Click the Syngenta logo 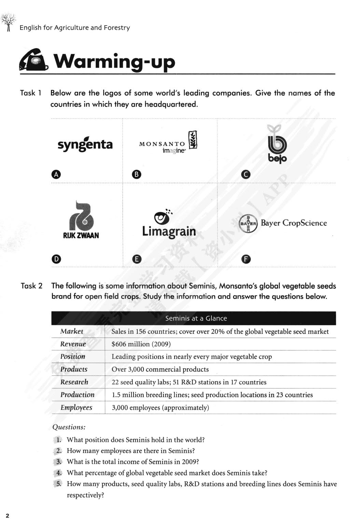click(x=85, y=144)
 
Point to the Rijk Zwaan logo click(x=81, y=220)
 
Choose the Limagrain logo click(x=169, y=224)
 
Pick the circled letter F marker click(x=246, y=259)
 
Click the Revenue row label click(x=73, y=344)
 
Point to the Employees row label click(x=76, y=407)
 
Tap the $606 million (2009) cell click(x=141, y=344)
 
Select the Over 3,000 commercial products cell click(x=160, y=369)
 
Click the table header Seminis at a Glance click(x=196, y=318)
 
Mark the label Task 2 click(x=31, y=286)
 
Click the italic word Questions click(x=69, y=427)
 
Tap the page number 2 click(x=8, y=515)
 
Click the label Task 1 click(x=31, y=93)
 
